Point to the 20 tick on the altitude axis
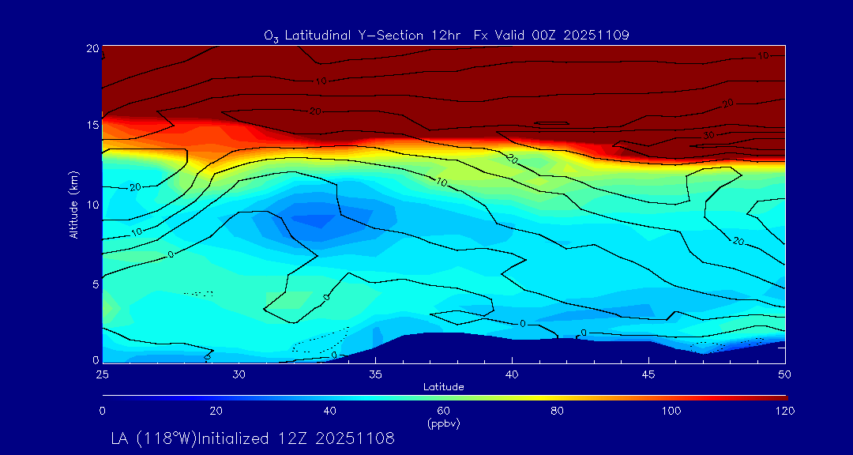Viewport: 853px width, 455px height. click(x=92, y=48)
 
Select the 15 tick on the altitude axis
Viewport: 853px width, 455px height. click(x=92, y=126)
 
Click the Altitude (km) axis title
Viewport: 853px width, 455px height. click(x=73, y=205)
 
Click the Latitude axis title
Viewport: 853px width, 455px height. click(x=443, y=386)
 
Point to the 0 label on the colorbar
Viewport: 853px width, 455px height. click(x=102, y=411)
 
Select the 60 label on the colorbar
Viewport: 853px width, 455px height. click(x=443, y=411)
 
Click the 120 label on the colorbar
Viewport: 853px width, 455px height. click(x=785, y=411)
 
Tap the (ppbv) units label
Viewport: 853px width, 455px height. click(x=443, y=423)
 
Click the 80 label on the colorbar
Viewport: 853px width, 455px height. click(x=558, y=411)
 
